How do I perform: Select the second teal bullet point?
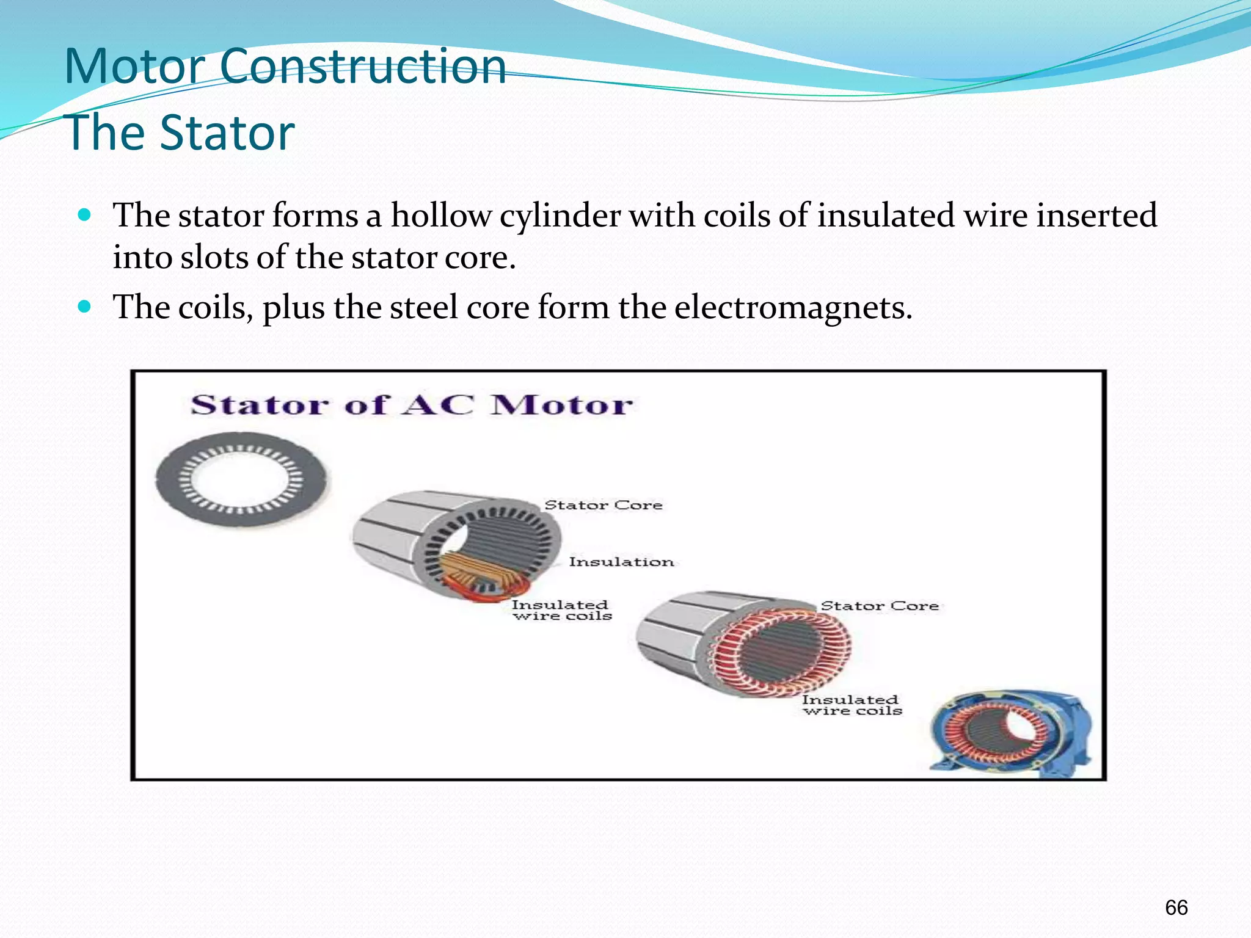point(85,306)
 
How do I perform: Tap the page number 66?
point(1176,907)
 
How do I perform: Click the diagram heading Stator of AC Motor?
point(411,405)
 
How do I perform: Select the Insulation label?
point(621,562)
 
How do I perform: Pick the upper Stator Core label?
point(603,505)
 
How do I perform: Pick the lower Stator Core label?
point(879,606)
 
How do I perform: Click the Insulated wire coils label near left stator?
point(561,610)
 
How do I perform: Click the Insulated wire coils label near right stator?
point(852,705)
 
